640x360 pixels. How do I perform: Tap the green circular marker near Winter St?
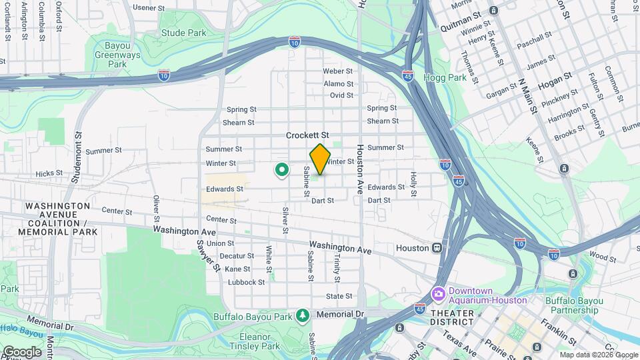pos(282,171)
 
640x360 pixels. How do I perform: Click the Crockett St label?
pos(307,135)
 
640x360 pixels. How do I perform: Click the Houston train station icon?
pos(437,247)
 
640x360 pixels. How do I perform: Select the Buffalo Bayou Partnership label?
pos(571,305)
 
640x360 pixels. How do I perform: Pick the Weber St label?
pos(337,71)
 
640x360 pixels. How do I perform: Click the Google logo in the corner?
pos(22,351)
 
